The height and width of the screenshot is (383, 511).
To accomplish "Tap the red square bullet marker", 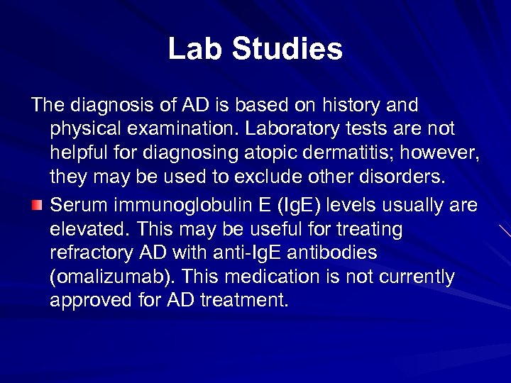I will pyautogui.click(x=37, y=206).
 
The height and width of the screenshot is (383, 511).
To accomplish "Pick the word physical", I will pyautogui.click(x=81, y=130).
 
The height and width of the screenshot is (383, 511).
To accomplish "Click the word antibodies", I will pyautogui.click(x=338, y=253).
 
